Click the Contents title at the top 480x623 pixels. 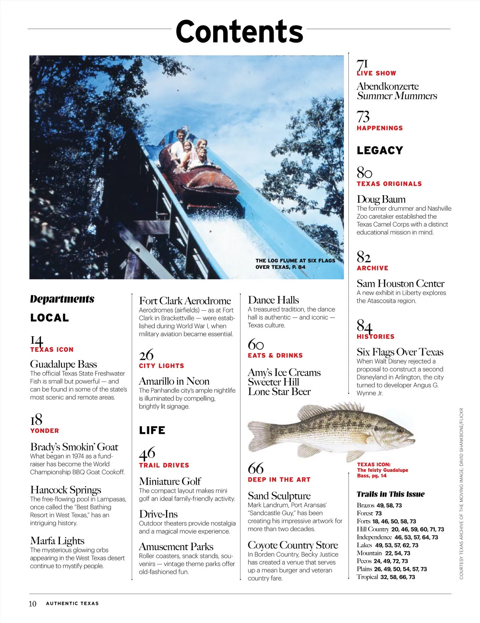click(x=239, y=32)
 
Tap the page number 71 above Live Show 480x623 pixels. click(x=362, y=64)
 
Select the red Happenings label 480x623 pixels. click(x=380, y=128)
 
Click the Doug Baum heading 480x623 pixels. click(x=381, y=199)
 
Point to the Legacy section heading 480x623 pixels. click(x=380, y=150)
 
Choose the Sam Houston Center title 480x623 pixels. click(x=400, y=284)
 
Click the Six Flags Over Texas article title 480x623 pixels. click(x=400, y=352)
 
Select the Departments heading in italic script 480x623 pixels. click(x=62, y=299)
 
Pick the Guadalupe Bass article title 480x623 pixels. click(x=63, y=364)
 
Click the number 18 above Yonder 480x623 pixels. click(x=36, y=419)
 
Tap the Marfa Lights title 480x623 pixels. click(x=57, y=541)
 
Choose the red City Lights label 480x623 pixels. click(x=161, y=366)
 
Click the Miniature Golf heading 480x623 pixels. click(x=170, y=481)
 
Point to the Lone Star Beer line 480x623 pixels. click(x=279, y=392)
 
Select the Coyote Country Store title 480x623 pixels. click(x=292, y=545)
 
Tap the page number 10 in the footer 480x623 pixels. click(x=32, y=603)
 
